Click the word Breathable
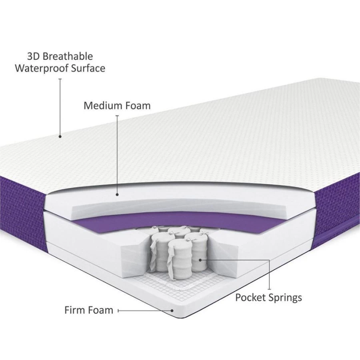[x=68, y=56]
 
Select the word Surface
[x=88, y=68]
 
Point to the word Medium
[x=103, y=106]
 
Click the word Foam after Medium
[x=138, y=106]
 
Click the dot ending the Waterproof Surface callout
[x=60, y=137]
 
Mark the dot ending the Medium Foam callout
[x=117, y=195]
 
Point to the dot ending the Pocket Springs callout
[x=200, y=260]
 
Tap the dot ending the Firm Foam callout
[x=172, y=311]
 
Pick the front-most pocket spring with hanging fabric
[x=180, y=260]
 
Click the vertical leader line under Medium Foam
[x=117, y=154]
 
